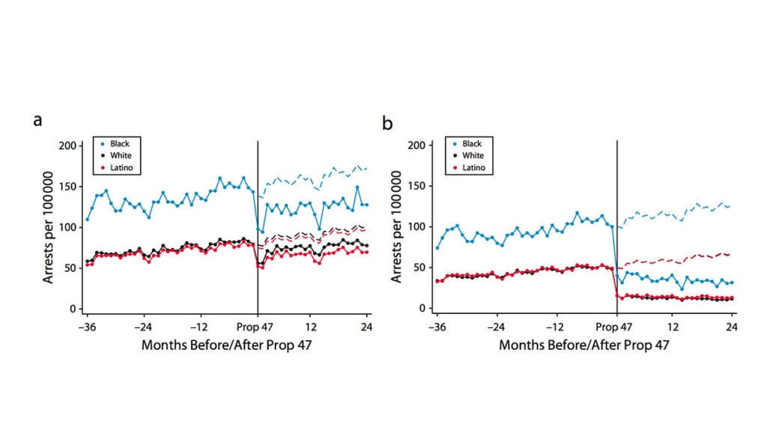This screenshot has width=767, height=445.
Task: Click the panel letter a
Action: pos(37,119)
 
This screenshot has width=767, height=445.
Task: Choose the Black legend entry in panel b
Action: pos(472,143)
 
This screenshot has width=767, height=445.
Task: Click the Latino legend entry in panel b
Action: pos(473,168)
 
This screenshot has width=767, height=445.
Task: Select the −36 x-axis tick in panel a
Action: pos(87,327)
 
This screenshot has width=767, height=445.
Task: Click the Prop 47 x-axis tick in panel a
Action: pos(258,327)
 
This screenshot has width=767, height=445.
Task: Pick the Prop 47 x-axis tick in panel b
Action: pos(617,327)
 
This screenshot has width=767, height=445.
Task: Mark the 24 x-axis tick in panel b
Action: pos(732,327)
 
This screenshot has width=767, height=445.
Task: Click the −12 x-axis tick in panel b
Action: pos(555,327)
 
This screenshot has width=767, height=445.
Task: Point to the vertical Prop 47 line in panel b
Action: pos(617,225)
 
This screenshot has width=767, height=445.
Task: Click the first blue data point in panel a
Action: pos(87,220)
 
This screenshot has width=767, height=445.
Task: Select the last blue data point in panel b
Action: pos(732,282)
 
